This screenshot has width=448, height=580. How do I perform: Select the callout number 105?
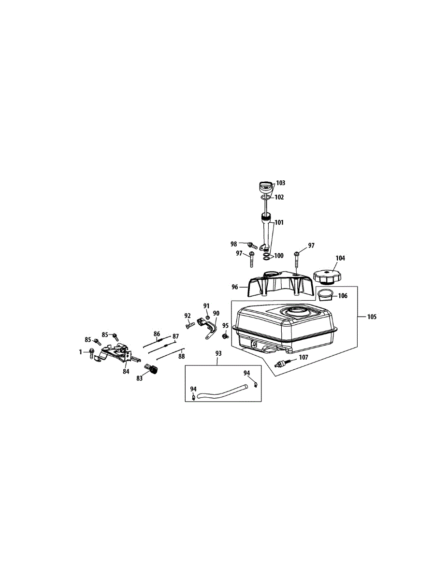(x=371, y=317)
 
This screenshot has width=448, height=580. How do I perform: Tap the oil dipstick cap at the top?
(x=267, y=186)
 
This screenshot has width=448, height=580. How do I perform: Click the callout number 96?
(x=235, y=287)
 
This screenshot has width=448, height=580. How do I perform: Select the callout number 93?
(x=218, y=353)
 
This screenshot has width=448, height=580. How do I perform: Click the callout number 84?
(x=126, y=371)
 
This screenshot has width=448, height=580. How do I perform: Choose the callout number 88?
(x=181, y=357)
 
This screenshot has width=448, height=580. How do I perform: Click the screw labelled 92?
(x=189, y=324)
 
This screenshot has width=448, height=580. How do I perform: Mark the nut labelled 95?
(x=225, y=336)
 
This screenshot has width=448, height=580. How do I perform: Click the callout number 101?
(x=279, y=223)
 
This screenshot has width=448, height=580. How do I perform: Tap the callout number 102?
(x=279, y=197)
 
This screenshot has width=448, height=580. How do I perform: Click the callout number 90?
(x=216, y=313)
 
